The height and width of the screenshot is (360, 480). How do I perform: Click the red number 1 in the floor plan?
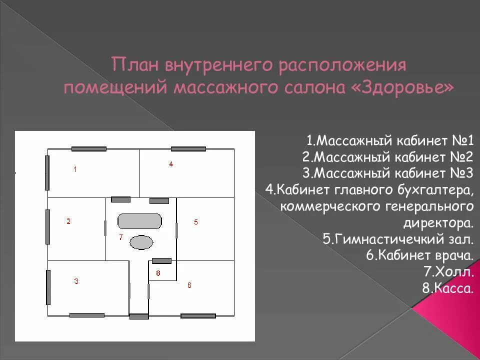tap(75, 169)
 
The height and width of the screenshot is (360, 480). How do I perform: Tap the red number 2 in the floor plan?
tap(68, 221)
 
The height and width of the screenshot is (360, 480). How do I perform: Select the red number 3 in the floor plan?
tap(76, 281)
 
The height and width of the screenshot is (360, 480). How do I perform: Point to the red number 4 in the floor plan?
tap(171, 164)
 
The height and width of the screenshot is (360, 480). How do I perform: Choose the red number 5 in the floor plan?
tap(196, 222)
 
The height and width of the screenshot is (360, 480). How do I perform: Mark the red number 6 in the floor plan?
tap(189, 285)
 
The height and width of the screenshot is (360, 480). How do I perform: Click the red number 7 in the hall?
tap(120, 237)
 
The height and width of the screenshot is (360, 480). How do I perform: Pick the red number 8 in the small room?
tap(158, 273)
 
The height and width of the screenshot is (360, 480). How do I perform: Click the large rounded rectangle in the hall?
tap(140, 221)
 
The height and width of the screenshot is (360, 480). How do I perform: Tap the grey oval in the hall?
tap(141, 243)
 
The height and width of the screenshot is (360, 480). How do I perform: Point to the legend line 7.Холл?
tap(448, 272)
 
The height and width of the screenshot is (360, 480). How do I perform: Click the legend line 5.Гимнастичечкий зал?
tap(398, 239)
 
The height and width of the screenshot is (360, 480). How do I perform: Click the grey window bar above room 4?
tap(188, 149)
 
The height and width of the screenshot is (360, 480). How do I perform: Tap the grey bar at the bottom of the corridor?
tap(139, 316)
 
